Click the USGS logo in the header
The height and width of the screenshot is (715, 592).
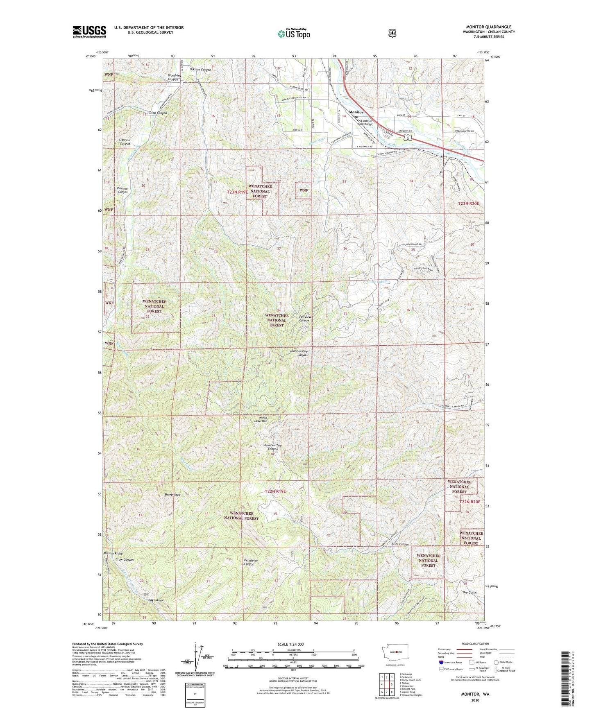(x=89, y=32)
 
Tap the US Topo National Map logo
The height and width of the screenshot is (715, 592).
(x=293, y=34)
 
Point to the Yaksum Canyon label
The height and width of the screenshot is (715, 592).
(x=201, y=70)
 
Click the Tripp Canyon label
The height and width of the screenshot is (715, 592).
(x=158, y=113)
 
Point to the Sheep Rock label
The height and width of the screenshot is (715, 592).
(x=172, y=495)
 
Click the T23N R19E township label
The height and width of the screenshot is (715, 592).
(x=238, y=192)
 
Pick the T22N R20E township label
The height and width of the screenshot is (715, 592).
(x=469, y=502)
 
